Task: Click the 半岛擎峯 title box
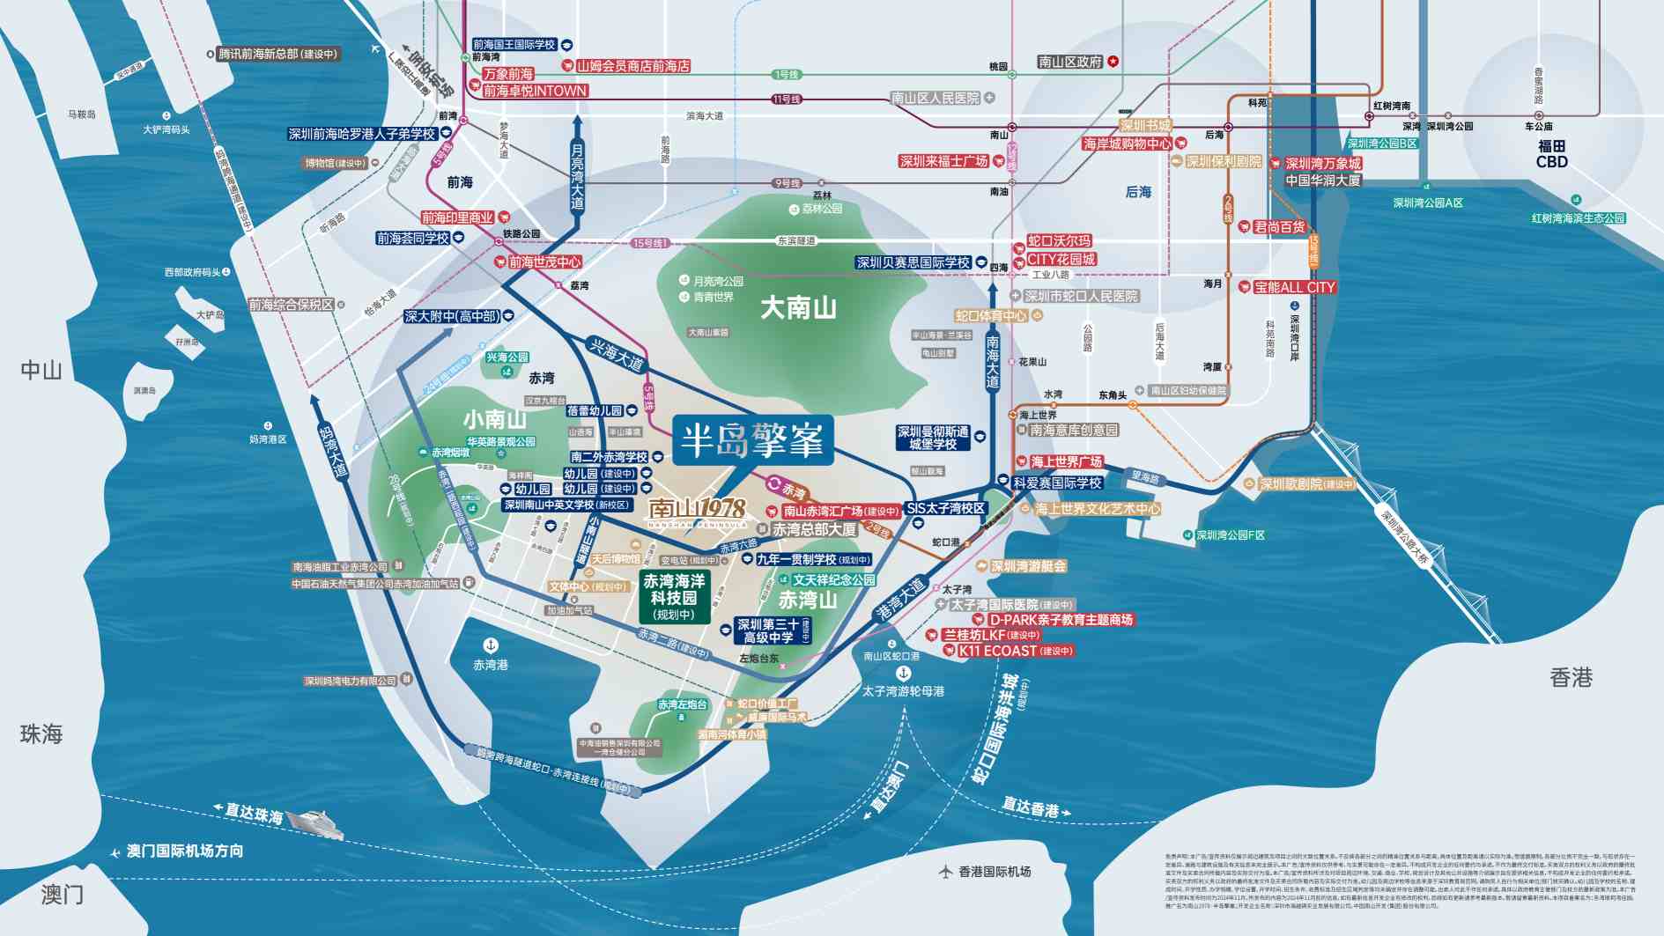(x=752, y=440)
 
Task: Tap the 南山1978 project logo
(x=698, y=510)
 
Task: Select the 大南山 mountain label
(x=798, y=308)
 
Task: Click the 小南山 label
(x=495, y=419)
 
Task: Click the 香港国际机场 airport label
(x=994, y=872)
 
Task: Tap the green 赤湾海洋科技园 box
(x=674, y=597)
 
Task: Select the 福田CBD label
(x=1551, y=154)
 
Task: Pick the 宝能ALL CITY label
(x=1294, y=287)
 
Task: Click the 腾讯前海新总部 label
(x=277, y=54)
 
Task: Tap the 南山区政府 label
(x=1069, y=62)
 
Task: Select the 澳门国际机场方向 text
(x=184, y=851)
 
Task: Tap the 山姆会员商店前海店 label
(x=632, y=66)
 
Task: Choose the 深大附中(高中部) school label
(x=452, y=316)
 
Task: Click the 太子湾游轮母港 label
(x=903, y=691)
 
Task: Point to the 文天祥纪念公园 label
(x=833, y=579)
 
